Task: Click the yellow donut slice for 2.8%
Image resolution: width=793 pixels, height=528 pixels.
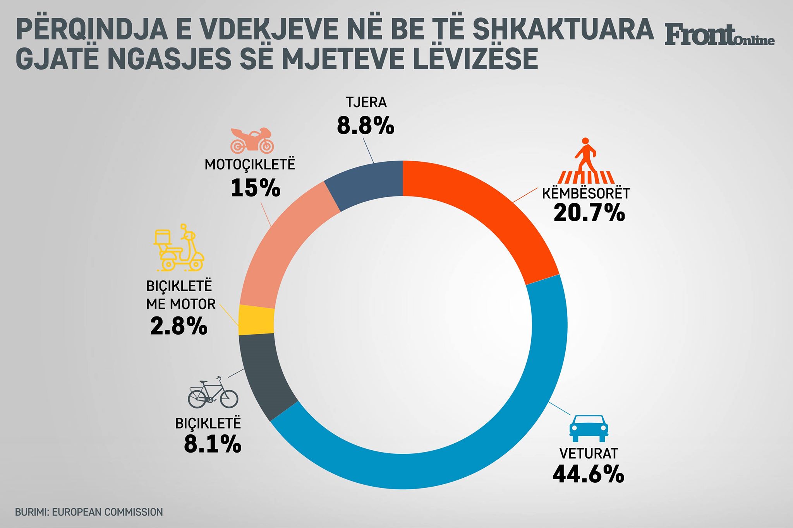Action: (x=256, y=320)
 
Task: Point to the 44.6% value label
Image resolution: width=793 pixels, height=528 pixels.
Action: (x=588, y=474)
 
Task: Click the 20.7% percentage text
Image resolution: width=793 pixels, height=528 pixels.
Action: (x=589, y=213)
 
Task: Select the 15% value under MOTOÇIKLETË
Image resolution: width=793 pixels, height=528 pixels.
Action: (x=255, y=188)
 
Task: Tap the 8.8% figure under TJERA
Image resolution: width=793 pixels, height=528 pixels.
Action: (x=365, y=126)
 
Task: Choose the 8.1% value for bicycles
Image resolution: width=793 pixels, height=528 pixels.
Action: (x=213, y=444)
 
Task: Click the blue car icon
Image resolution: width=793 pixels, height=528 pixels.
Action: (x=588, y=429)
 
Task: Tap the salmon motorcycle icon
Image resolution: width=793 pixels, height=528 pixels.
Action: (x=252, y=140)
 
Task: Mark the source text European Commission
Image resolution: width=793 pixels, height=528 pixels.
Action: (x=107, y=512)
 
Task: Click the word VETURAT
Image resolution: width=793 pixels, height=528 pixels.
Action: (x=589, y=453)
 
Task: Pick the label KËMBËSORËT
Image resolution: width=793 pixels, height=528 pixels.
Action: (x=586, y=193)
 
